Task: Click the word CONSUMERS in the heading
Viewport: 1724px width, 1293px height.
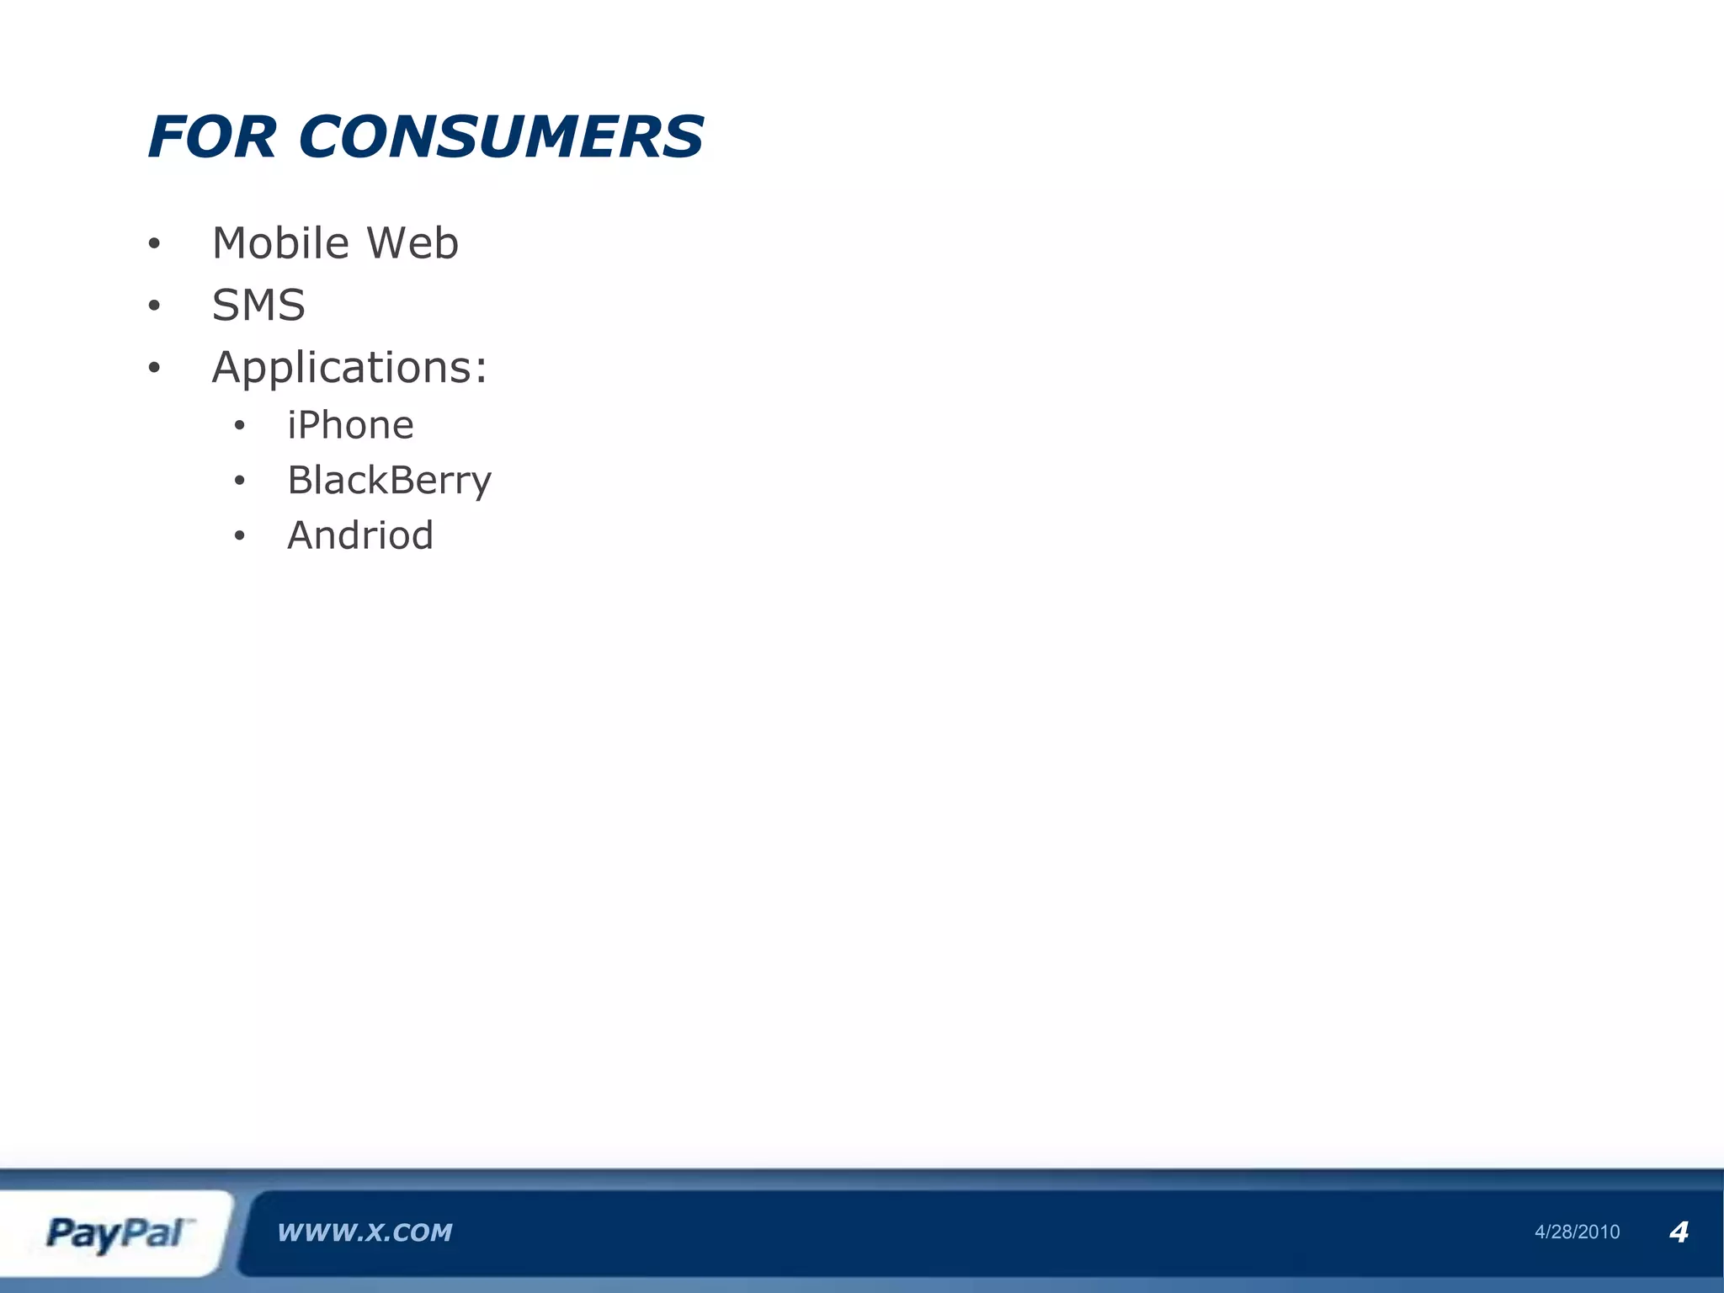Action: (x=501, y=137)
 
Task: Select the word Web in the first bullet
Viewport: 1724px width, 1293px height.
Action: (x=412, y=243)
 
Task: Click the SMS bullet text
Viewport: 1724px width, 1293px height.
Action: (x=258, y=305)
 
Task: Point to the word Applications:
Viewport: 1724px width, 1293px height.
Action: (x=349, y=368)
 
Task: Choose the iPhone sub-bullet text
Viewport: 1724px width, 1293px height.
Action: (x=350, y=426)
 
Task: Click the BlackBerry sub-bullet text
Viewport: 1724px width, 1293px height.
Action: (x=389, y=481)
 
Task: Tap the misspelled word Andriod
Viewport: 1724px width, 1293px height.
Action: (x=360, y=535)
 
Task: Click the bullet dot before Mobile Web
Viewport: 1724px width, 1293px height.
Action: (x=153, y=245)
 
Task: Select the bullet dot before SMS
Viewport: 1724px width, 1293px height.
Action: (x=153, y=306)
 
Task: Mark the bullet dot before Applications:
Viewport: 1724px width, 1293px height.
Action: (x=153, y=368)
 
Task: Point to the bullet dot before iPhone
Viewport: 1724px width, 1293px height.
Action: (x=240, y=427)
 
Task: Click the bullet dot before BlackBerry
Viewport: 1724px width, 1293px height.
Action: (x=240, y=482)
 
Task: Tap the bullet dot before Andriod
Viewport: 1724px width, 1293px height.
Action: (x=240, y=536)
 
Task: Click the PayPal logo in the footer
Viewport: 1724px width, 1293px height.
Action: (x=118, y=1234)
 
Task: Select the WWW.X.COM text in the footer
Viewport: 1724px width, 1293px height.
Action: (x=364, y=1233)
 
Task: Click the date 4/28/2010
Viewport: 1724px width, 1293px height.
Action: (x=1577, y=1232)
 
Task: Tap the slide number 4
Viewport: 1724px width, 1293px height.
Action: (x=1679, y=1232)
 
